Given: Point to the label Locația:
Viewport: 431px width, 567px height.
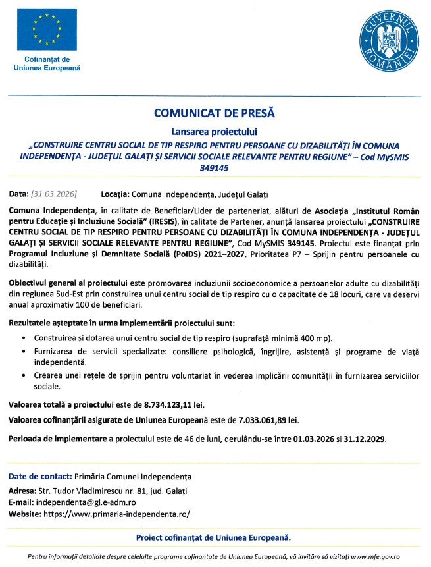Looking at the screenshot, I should coord(115,194).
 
